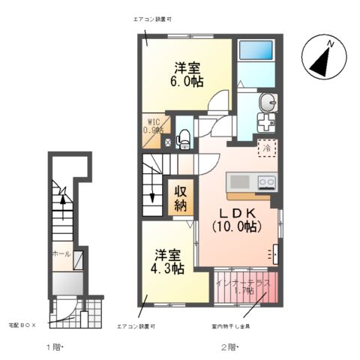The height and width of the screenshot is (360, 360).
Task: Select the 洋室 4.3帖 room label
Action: (x=166, y=260)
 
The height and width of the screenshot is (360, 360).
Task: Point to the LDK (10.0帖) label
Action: (x=237, y=217)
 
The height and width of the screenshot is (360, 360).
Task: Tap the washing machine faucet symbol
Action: (x=265, y=124)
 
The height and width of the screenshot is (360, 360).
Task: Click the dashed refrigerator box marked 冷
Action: (x=266, y=148)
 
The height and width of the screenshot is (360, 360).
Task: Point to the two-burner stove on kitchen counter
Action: (x=266, y=181)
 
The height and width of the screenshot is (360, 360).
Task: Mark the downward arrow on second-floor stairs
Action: (x=152, y=196)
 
